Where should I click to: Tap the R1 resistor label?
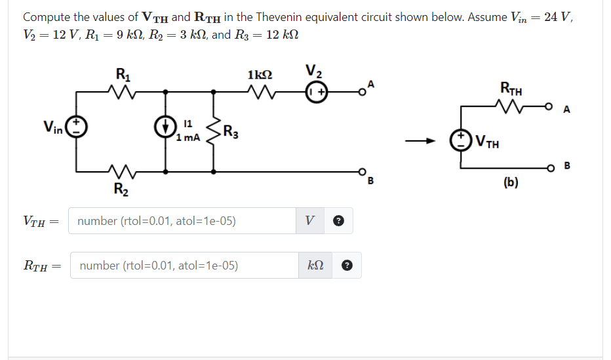click(x=122, y=74)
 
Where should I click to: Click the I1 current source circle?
click(x=167, y=126)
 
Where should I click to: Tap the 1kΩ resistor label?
click(x=261, y=75)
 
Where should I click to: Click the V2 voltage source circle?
click(x=317, y=92)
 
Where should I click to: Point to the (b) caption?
click(x=511, y=183)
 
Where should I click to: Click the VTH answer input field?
click(x=184, y=221)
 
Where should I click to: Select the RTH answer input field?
click(x=184, y=266)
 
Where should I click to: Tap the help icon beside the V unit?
click(x=340, y=222)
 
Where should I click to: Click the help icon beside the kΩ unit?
click(x=347, y=266)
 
